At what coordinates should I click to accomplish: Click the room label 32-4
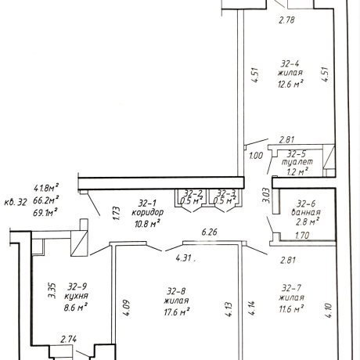pos(290,63)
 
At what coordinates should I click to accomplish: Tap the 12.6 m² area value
pos(290,84)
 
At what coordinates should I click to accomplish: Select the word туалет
pos(297,162)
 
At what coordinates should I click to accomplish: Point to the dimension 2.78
pos(286,20)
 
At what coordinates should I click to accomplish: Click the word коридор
pos(148,212)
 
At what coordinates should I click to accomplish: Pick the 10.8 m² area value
pos(147,223)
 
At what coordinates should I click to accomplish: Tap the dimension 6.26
pos(209,232)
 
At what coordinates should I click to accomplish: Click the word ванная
pos(306,212)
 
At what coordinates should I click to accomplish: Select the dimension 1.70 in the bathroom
pos(302,236)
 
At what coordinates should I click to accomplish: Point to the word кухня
pos(76,297)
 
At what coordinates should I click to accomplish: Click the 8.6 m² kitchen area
pos(75,307)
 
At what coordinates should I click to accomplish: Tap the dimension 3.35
pos(52,290)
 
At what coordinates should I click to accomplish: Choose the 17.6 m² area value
pos(177,311)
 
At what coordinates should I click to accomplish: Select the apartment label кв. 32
pos(16,202)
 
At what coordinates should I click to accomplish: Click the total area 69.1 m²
pos(45,212)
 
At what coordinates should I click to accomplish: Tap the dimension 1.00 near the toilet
pos(256,156)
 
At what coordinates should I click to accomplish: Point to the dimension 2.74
pos(68,339)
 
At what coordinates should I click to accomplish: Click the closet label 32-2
pos(193,193)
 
